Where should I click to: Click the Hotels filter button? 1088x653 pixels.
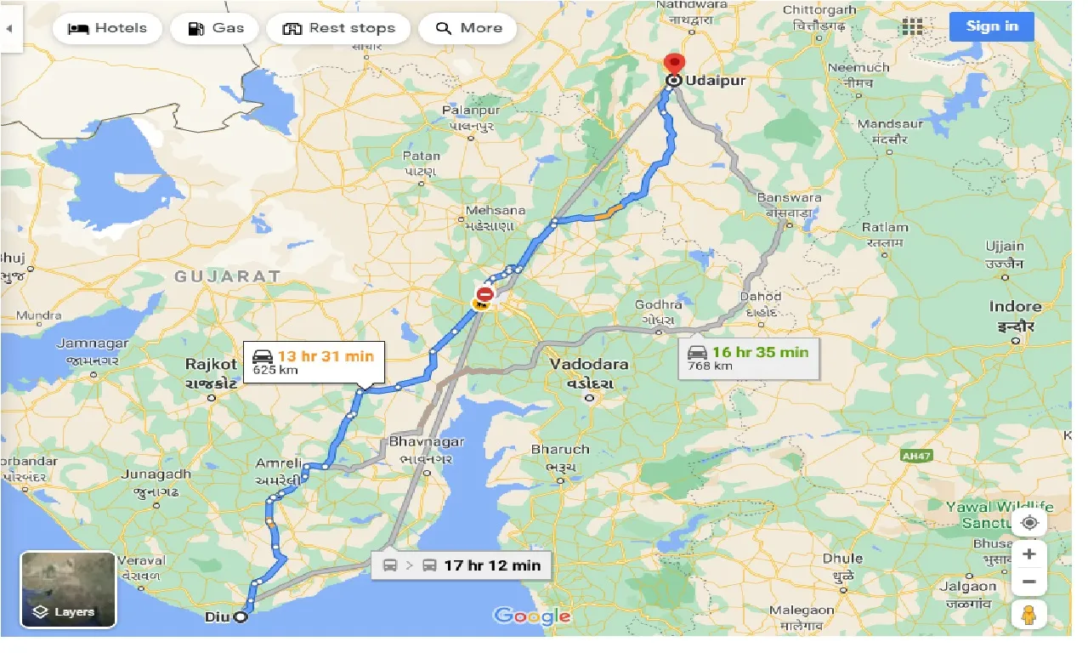107,28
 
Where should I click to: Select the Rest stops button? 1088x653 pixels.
338,28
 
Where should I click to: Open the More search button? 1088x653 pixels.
468,28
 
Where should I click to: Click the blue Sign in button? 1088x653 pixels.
991,26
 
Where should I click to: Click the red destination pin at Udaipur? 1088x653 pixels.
674,64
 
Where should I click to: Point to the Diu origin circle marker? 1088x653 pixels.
241,617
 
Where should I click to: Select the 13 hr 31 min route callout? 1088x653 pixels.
314,361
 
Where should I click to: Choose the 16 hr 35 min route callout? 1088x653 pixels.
748,358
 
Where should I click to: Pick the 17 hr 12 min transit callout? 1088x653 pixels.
462,565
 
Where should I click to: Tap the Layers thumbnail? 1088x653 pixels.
68,589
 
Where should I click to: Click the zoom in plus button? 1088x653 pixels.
1029,554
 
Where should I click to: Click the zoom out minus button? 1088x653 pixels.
1029,582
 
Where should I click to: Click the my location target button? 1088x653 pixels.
1029,522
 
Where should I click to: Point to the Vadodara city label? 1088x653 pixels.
589,364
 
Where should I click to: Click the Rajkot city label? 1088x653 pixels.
212,364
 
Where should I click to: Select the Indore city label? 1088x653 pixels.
1015,307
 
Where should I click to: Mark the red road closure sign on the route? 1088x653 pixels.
484,294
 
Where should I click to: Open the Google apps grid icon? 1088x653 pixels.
912,26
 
